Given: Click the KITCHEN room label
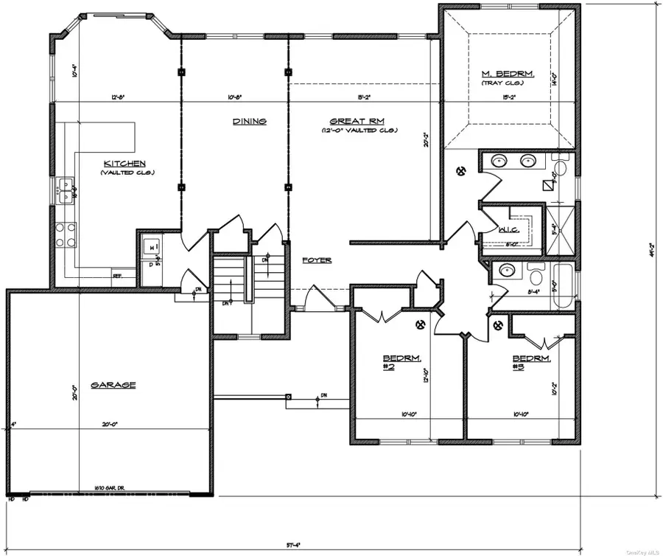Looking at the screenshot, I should coord(124,163).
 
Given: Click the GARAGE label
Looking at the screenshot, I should coord(113,384).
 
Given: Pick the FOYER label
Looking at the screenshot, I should coord(316,260).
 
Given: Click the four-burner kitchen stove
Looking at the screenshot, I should coord(65,234).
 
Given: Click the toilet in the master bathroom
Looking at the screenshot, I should coord(561,169).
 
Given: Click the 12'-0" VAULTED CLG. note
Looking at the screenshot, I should coord(359,131).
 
